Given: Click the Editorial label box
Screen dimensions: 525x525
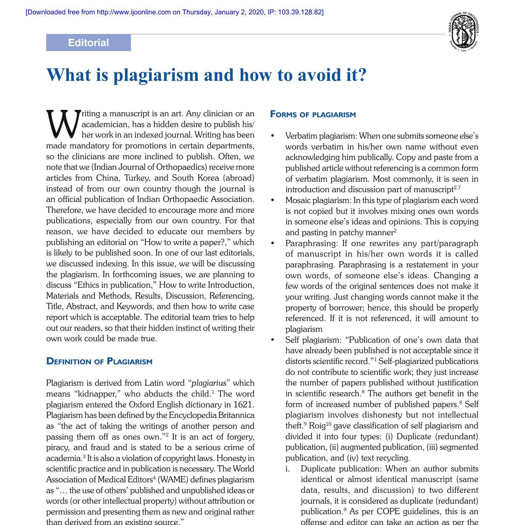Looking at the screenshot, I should pos(88,43).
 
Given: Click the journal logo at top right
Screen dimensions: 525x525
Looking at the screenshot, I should pos(463,31).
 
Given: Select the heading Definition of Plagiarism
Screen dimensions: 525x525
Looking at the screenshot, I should pos(99,362).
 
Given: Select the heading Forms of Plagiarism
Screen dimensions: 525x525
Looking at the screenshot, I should pos(313,115).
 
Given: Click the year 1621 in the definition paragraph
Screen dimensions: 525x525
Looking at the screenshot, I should pos(243,405).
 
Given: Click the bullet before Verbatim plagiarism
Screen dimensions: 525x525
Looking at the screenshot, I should pos(273,136).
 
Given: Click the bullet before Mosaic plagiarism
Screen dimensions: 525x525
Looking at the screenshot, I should pos(273,201).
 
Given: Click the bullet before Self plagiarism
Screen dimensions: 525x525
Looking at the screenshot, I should pos(273,340).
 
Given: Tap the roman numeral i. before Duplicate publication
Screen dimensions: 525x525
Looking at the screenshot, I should pos(288,469).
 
